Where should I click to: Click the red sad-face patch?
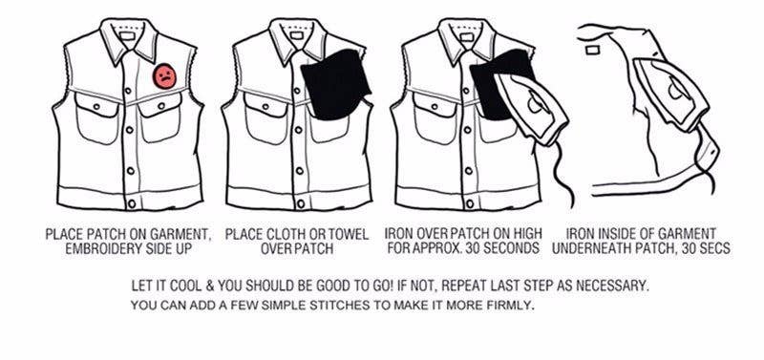tap(164, 76)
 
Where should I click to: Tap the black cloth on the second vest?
tap(335, 84)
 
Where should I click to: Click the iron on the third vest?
tap(532, 108)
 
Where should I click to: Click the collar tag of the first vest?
tap(127, 35)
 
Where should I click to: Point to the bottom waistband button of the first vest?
tap(131, 203)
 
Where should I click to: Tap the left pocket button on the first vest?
tap(96, 106)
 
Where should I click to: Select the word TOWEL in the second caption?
tap(346, 235)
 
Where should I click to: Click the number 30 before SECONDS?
tap(472, 248)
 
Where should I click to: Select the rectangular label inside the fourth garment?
tap(592, 50)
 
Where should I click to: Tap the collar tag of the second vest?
tap(296, 35)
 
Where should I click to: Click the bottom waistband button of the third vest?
tap(469, 203)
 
